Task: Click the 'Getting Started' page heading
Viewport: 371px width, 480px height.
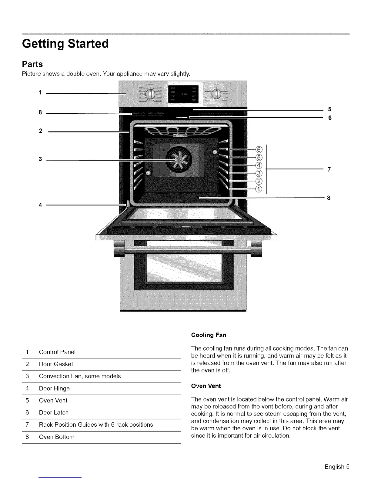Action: (x=65, y=44)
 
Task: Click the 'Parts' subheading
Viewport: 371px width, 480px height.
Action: (x=32, y=64)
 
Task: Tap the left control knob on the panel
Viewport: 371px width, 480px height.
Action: (x=150, y=94)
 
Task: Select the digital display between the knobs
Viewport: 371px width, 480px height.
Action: (x=183, y=94)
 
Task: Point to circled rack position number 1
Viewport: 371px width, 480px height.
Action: (x=259, y=189)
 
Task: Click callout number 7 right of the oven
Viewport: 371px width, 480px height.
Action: (x=329, y=169)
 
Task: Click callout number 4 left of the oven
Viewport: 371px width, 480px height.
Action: (x=40, y=205)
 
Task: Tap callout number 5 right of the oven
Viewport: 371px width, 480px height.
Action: (x=330, y=109)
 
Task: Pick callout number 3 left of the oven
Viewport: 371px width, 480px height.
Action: (x=40, y=159)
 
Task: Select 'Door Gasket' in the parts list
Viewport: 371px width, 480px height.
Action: (x=56, y=364)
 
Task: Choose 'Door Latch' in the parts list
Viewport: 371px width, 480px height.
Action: (x=54, y=413)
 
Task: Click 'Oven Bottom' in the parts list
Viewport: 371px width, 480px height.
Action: (x=56, y=437)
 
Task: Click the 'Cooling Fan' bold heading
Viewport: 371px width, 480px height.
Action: (x=209, y=335)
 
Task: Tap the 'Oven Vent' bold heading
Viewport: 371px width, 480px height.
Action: (x=206, y=386)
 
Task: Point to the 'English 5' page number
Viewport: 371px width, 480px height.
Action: (x=337, y=467)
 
